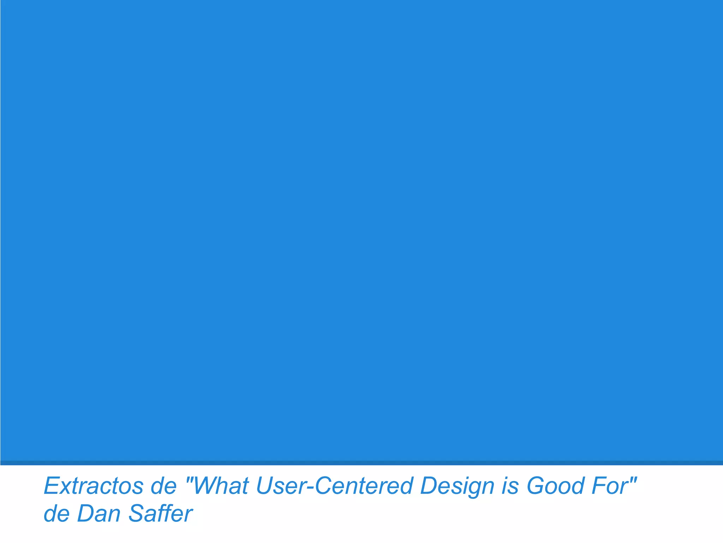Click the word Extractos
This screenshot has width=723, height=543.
94,486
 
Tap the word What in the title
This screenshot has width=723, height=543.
221,486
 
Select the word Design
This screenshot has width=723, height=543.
457,486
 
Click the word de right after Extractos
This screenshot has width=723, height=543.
164,486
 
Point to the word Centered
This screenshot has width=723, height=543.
364,486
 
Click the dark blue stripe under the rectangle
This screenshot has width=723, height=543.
361,463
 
